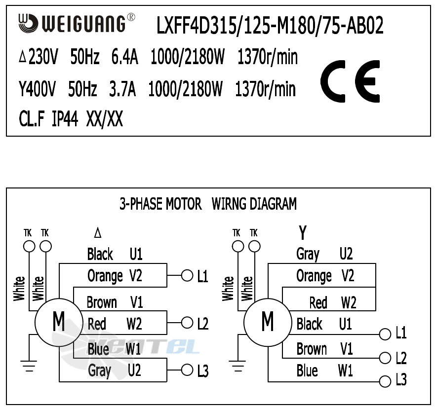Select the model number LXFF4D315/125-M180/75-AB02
(x=270, y=26)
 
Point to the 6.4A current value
(x=124, y=58)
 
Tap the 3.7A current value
(x=122, y=89)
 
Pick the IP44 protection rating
(x=65, y=119)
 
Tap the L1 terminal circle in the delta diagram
(x=187, y=275)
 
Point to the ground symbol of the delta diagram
(x=30, y=366)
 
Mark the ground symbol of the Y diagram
(x=238, y=366)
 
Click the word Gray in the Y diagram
(x=308, y=254)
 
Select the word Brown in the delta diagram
(x=102, y=302)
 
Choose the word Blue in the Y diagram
(x=307, y=371)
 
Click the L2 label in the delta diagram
(x=202, y=324)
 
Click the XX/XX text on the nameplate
(x=105, y=119)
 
